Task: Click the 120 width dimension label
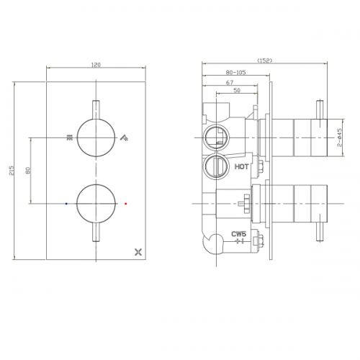pos(96,65)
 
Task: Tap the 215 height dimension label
pos(12,171)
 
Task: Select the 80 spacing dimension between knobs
pos(28,171)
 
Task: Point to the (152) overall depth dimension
pos(265,60)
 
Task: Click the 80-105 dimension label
pos(236,72)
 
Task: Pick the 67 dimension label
pos(230,83)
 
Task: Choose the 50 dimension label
pos(237,90)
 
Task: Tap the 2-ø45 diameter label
pos(339,138)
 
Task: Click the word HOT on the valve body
pos(241,166)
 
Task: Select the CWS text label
pos(239,234)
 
